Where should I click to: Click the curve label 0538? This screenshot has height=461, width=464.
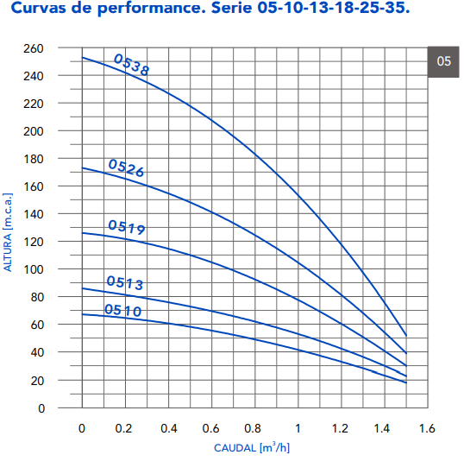tap(132, 65)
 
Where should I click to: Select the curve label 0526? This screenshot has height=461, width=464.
tap(127, 168)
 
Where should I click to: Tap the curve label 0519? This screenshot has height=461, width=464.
tap(127, 227)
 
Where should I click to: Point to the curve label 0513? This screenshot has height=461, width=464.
tap(125, 282)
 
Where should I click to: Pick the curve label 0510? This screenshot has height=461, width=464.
tap(123, 310)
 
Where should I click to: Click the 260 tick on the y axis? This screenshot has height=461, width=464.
tap(34, 48)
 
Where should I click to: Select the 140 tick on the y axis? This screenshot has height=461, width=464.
tap(34, 214)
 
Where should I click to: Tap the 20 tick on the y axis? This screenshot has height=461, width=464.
tap(37, 381)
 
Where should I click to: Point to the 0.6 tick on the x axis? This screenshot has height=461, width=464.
tap(210, 428)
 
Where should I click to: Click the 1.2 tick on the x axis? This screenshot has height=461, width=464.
tap(340, 428)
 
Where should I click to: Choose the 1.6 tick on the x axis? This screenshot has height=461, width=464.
tap(427, 428)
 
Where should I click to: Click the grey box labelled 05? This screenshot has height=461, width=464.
tap(443, 61)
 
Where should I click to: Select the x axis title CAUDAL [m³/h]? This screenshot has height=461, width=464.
tap(252, 447)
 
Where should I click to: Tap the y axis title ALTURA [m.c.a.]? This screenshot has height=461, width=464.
tap(8, 232)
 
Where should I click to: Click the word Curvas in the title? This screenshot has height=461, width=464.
tap(39, 8)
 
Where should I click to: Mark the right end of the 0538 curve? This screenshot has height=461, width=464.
tap(406, 336)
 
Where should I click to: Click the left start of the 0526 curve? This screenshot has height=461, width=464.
tap(82, 168)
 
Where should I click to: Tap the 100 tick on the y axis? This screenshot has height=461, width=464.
tap(34, 269)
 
